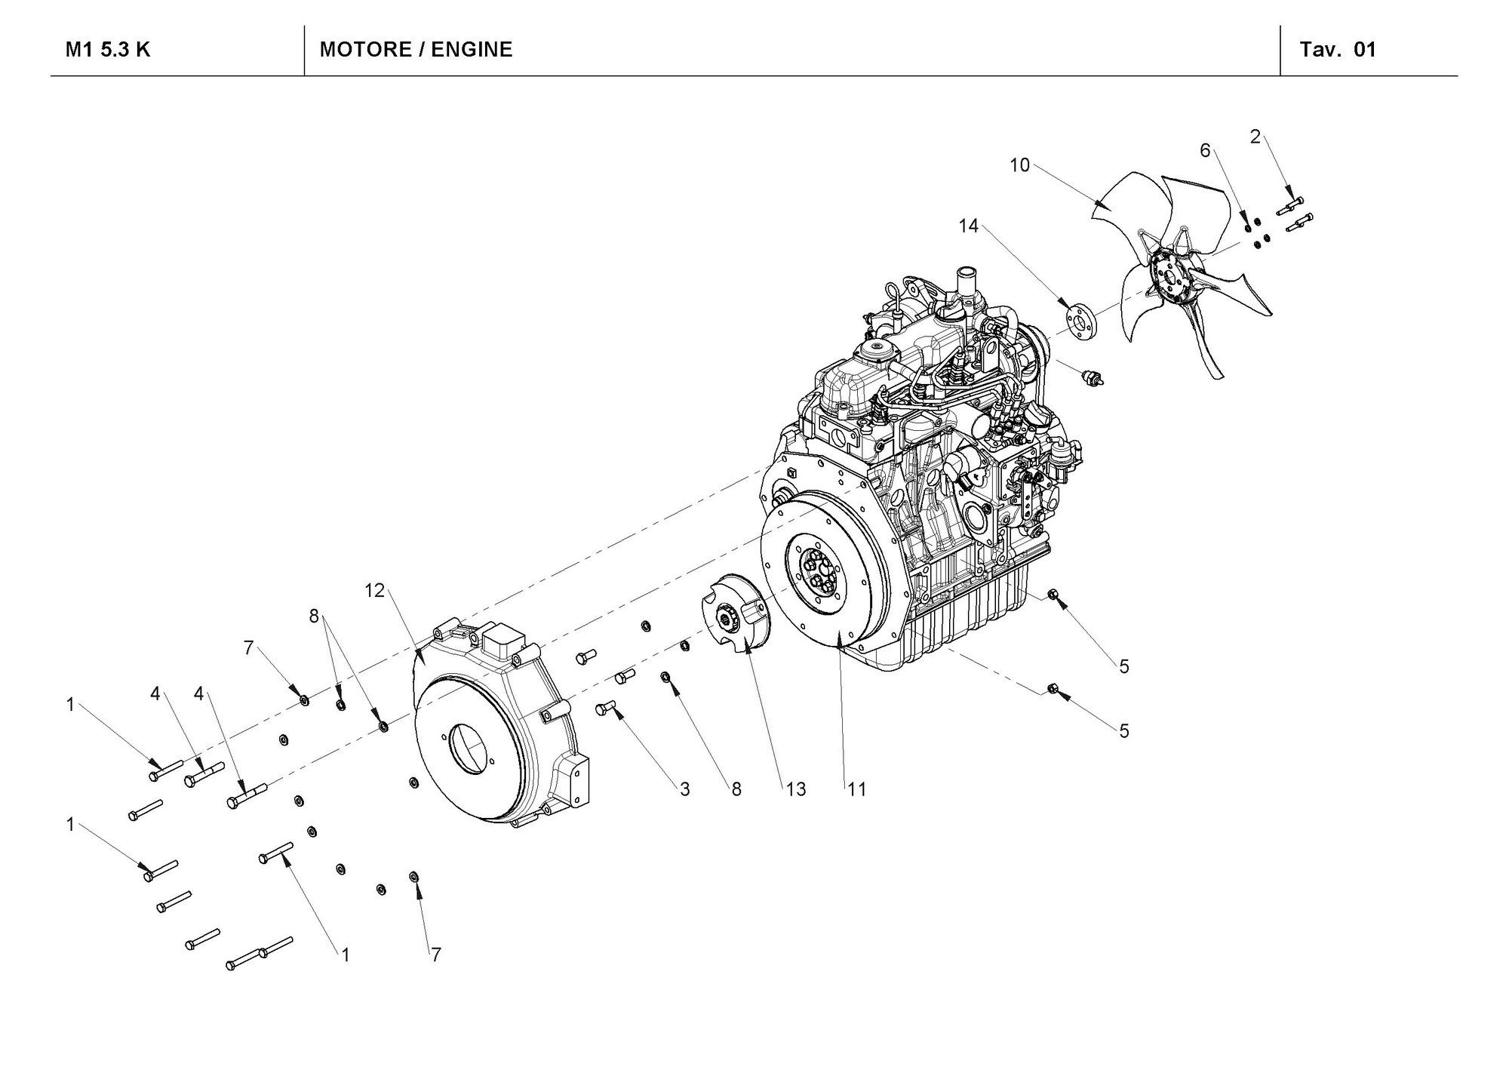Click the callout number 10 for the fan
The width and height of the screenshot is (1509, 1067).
[1019, 165]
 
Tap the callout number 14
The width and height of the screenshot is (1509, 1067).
[968, 226]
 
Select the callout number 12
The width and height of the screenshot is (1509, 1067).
[374, 591]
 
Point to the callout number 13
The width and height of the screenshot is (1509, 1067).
[796, 789]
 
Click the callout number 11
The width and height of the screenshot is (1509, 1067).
[856, 789]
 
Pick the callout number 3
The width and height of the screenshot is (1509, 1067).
[684, 789]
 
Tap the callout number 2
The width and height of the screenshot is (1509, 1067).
[1255, 137]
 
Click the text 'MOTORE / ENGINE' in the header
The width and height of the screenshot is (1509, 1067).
[416, 50]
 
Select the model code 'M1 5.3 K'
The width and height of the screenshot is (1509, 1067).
[108, 50]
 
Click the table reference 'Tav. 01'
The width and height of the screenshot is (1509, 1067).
[1338, 50]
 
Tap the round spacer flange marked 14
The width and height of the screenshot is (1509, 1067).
[1080, 317]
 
